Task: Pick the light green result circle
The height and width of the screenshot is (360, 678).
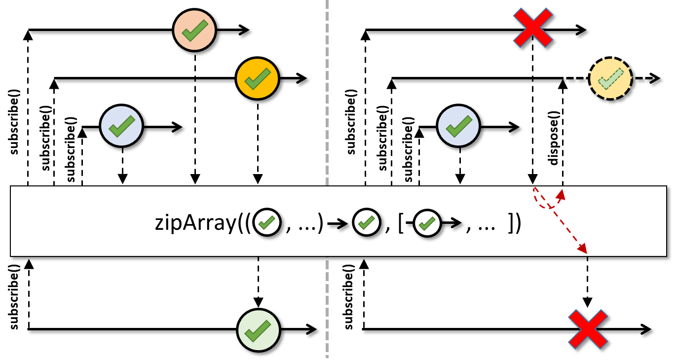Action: point(259,329)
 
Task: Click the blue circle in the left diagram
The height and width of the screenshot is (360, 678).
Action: point(121,127)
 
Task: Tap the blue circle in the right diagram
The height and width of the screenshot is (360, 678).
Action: point(458,127)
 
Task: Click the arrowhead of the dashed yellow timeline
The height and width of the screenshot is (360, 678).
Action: point(656,78)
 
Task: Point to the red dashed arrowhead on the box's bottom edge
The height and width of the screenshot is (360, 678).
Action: point(584,251)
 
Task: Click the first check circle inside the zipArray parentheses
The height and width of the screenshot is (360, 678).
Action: point(267,224)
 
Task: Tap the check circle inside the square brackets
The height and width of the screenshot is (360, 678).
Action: point(427,224)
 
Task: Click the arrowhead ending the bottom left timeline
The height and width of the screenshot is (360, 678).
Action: point(312,329)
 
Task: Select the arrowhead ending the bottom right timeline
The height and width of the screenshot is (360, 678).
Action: point(647,329)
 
